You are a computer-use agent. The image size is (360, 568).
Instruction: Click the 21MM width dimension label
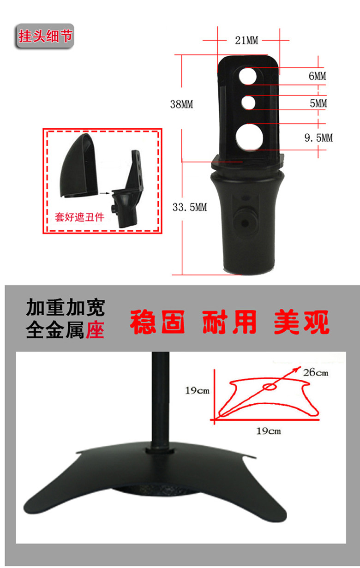246,40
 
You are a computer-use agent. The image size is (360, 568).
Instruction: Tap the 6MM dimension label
317,76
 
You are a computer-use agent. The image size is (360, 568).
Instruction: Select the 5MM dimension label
318,103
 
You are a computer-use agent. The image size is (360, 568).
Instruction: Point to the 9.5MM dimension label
318,138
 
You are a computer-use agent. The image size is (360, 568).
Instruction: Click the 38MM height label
182,104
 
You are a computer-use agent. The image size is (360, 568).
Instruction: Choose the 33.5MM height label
190,207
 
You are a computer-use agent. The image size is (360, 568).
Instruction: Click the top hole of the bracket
247,76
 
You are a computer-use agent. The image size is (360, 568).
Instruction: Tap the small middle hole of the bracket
248,102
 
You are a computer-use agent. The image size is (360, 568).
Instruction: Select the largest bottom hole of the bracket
249,137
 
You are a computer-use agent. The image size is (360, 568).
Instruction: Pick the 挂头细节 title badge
45,36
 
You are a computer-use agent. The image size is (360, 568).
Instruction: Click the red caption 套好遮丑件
79,217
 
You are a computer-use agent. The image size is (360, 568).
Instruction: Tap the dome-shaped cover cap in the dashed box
78,165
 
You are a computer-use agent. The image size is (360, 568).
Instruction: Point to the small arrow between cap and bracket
104,193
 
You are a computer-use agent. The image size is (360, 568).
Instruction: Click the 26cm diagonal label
316,372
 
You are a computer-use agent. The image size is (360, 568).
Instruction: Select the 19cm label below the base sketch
269,431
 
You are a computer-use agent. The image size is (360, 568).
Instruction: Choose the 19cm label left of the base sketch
197,390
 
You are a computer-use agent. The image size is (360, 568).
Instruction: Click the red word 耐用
229,322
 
